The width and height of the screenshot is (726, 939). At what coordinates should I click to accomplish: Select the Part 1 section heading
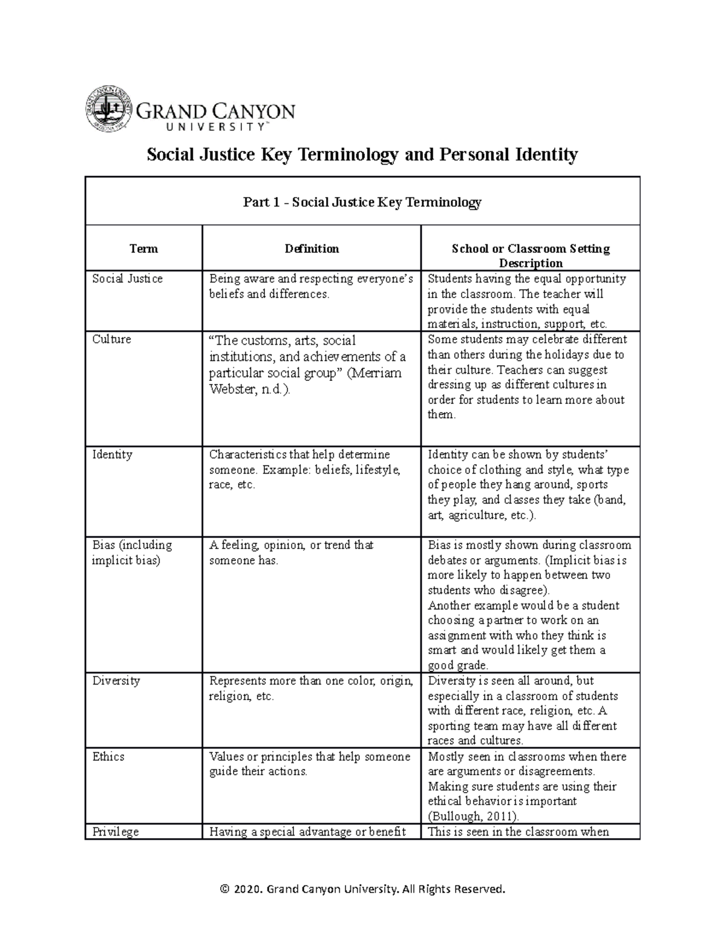pos(362,202)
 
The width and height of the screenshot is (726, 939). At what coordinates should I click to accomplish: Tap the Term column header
pos(143,249)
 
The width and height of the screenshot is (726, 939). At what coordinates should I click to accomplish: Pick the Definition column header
pos(312,249)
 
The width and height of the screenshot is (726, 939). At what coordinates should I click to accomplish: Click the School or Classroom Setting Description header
pos(531,255)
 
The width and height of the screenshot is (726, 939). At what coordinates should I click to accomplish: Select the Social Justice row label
pos(127,279)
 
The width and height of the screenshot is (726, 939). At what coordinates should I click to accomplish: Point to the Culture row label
pos(111,339)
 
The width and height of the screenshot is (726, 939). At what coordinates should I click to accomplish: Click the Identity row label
pos(112,454)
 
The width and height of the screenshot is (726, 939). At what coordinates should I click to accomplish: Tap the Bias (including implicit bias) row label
pos(131,552)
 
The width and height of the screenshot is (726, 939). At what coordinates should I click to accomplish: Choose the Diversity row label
pos(116,681)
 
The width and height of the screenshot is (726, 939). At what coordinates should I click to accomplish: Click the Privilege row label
pos(115,831)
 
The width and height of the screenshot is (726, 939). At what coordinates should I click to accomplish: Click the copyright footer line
pos(362,889)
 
